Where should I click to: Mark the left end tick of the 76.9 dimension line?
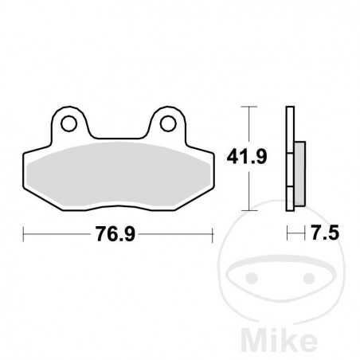(25, 234)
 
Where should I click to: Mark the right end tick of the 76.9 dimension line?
(213, 234)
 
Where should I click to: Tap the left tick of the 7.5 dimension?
(288, 234)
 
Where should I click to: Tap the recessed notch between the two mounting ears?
(119, 135)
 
